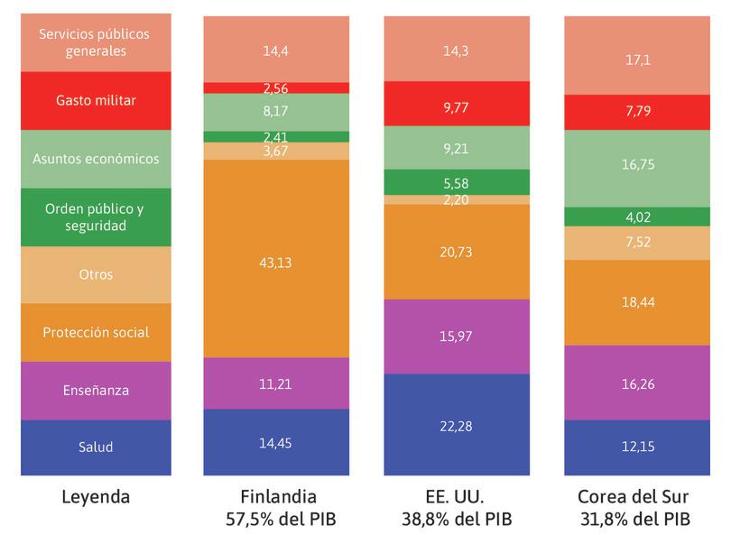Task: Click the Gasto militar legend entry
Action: pos(96,100)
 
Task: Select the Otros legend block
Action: pos(96,274)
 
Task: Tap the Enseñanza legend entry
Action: pos(96,390)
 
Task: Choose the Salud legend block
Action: pos(96,447)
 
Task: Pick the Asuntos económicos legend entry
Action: pos(96,159)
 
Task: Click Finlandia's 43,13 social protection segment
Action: pos(276,263)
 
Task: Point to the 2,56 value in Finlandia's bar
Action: pos(276,88)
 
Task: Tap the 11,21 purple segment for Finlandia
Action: pos(276,383)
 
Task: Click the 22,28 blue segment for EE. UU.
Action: pos(457,425)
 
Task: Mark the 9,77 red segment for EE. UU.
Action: pos(457,104)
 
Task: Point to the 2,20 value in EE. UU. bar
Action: pos(457,199)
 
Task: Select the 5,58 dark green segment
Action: pos(457,182)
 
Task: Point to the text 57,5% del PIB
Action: pos(276,519)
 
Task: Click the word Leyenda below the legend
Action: pos(96,497)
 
